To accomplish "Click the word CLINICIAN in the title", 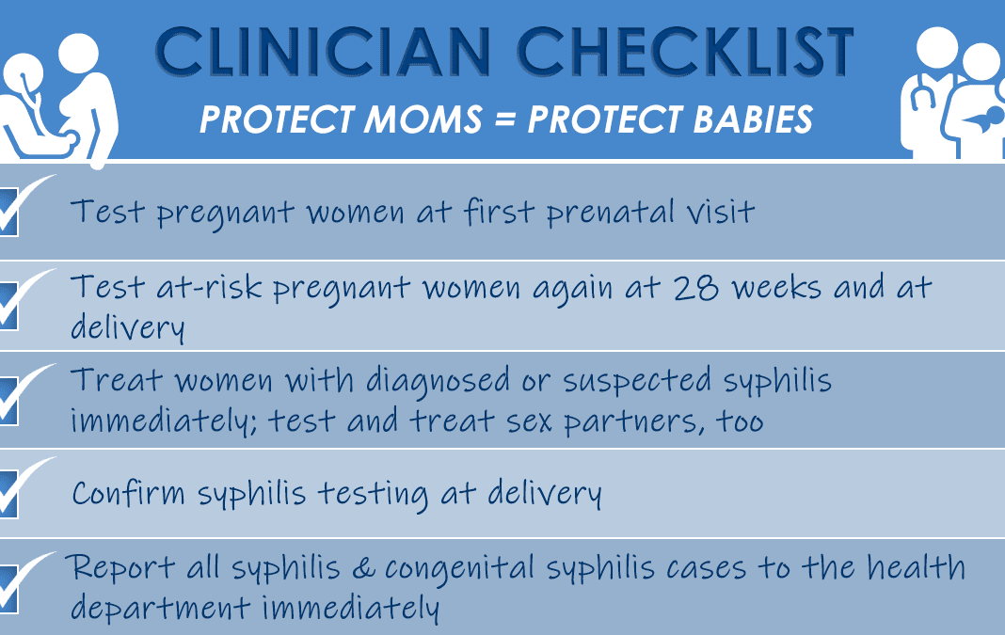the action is (x=323, y=52).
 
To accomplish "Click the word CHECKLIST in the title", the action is (x=685, y=52).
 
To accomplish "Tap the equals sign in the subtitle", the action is (x=504, y=119).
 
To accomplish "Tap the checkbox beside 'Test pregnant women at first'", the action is (x=8, y=212).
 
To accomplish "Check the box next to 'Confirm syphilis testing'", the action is (x=8, y=494).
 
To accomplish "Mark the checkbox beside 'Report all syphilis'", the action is (x=8, y=589).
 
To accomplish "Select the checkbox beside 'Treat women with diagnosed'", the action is (x=8, y=401).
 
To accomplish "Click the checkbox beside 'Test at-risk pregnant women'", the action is (x=8, y=307).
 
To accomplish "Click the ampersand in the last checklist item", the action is (x=363, y=568).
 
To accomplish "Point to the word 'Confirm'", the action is (x=128, y=493).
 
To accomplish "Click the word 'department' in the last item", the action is (x=160, y=607).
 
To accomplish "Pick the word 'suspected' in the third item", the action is (x=637, y=381).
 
